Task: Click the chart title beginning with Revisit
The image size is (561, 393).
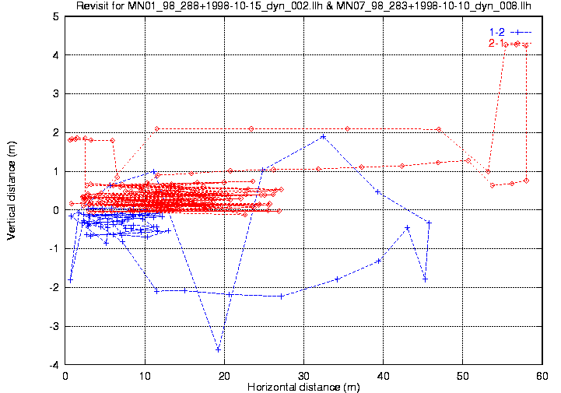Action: pyautogui.click(x=303, y=5)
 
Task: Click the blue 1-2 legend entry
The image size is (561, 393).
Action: pyautogui.click(x=510, y=32)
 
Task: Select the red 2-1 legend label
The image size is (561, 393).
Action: pyautogui.click(x=496, y=44)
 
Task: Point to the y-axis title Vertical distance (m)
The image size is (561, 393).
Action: pyautogui.click(x=12, y=191)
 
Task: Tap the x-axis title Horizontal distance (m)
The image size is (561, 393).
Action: pyautogui.click(x=303, y=387)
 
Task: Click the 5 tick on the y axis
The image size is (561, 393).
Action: pyautogui.click(x=56, y=16)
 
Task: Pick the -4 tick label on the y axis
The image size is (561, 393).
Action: pyautogui.click(x=54, y=365)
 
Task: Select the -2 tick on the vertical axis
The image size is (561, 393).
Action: pyautogui.click(x=54, y=288)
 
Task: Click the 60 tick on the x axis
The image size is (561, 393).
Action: pyautogui.click(x=542, y=376)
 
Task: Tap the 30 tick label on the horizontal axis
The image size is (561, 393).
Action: pyautogui.click(x=303, y=376)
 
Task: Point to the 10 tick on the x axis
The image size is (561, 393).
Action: pyautogui.click(x=145, y=376)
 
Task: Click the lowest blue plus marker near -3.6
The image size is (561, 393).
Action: pyautogui.click(x=218, y=349)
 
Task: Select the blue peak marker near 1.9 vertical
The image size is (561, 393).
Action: pyautogui.click(x=324, y=136)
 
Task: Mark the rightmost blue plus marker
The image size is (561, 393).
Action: pyautogui.click(x=429, y=223)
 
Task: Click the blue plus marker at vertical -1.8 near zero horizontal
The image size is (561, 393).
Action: pyautogui.click(x=70, y=280)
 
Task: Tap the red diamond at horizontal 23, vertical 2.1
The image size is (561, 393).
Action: pyautogui.click(x=251, y=129)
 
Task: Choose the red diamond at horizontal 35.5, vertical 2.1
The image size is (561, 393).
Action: pyautogui.click(x=347, y=129)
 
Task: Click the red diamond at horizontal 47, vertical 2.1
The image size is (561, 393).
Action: pyautogui.click(x=439, y=129)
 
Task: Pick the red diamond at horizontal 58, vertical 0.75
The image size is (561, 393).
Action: pyautogui.click(x=526, y=181)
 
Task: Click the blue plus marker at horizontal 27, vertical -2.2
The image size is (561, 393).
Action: pyautogui.click(x=281, y=297)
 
